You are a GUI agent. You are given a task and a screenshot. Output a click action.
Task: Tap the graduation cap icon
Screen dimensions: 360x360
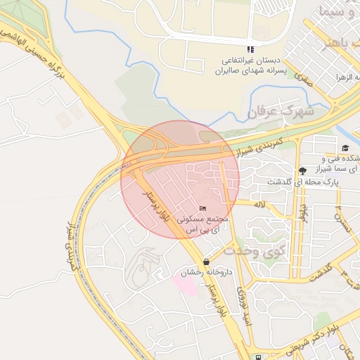point(345,148)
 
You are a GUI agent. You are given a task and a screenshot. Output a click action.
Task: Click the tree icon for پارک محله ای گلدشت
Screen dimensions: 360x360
point(302,170)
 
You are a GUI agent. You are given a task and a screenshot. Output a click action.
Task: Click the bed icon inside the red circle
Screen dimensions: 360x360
point(204,208)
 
